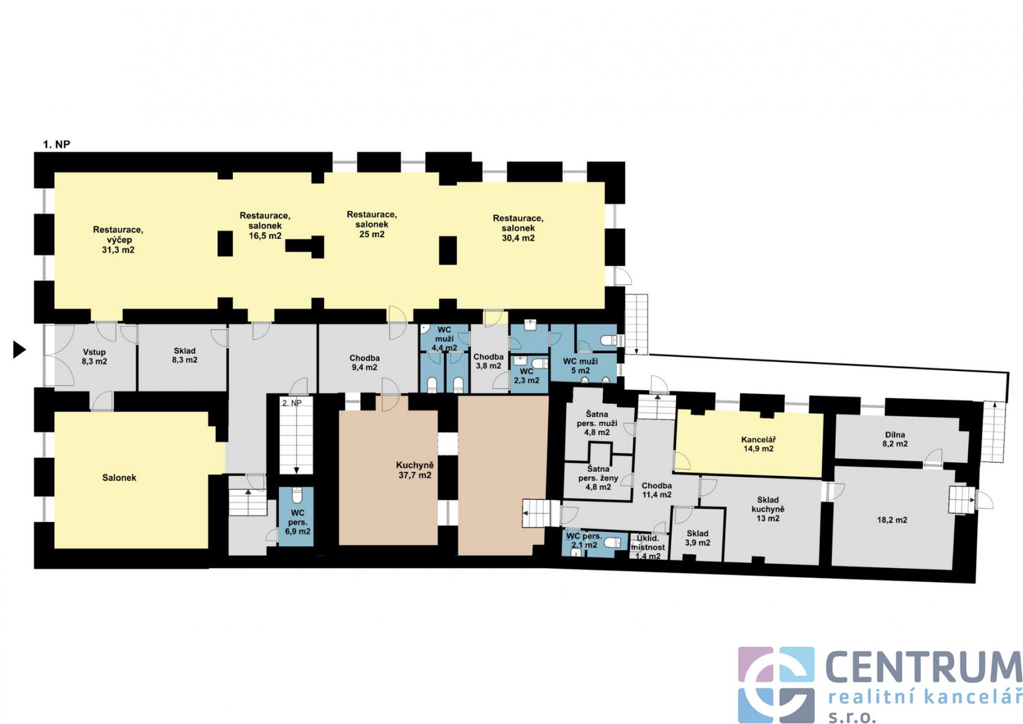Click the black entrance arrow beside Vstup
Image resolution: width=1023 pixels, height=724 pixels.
19,349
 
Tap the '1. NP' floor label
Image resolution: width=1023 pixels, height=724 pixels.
57,144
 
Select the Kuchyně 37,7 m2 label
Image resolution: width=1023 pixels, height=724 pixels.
414,470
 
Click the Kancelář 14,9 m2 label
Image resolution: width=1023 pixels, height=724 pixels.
758,444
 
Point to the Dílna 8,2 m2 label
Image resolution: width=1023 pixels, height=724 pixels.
895,439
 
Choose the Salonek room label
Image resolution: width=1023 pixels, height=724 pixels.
119,477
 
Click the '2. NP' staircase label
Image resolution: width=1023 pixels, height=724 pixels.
292,403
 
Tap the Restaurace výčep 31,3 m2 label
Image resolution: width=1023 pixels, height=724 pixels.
118,240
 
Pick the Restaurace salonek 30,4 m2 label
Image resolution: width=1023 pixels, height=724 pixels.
518,228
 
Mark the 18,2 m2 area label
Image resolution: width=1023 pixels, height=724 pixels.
892,520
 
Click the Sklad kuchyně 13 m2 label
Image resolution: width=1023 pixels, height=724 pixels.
768,509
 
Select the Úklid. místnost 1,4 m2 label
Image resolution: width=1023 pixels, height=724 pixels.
648,547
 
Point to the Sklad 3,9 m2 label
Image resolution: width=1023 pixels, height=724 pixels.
697,538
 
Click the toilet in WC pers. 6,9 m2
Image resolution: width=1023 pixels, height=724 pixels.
297,495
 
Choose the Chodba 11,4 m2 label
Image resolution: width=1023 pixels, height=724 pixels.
656,490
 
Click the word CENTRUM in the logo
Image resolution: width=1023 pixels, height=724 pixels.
923,667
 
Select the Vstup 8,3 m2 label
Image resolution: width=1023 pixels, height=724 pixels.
95,357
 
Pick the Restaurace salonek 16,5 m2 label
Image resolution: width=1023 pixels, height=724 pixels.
265,226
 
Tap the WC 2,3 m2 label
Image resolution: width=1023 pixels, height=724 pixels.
527,375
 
